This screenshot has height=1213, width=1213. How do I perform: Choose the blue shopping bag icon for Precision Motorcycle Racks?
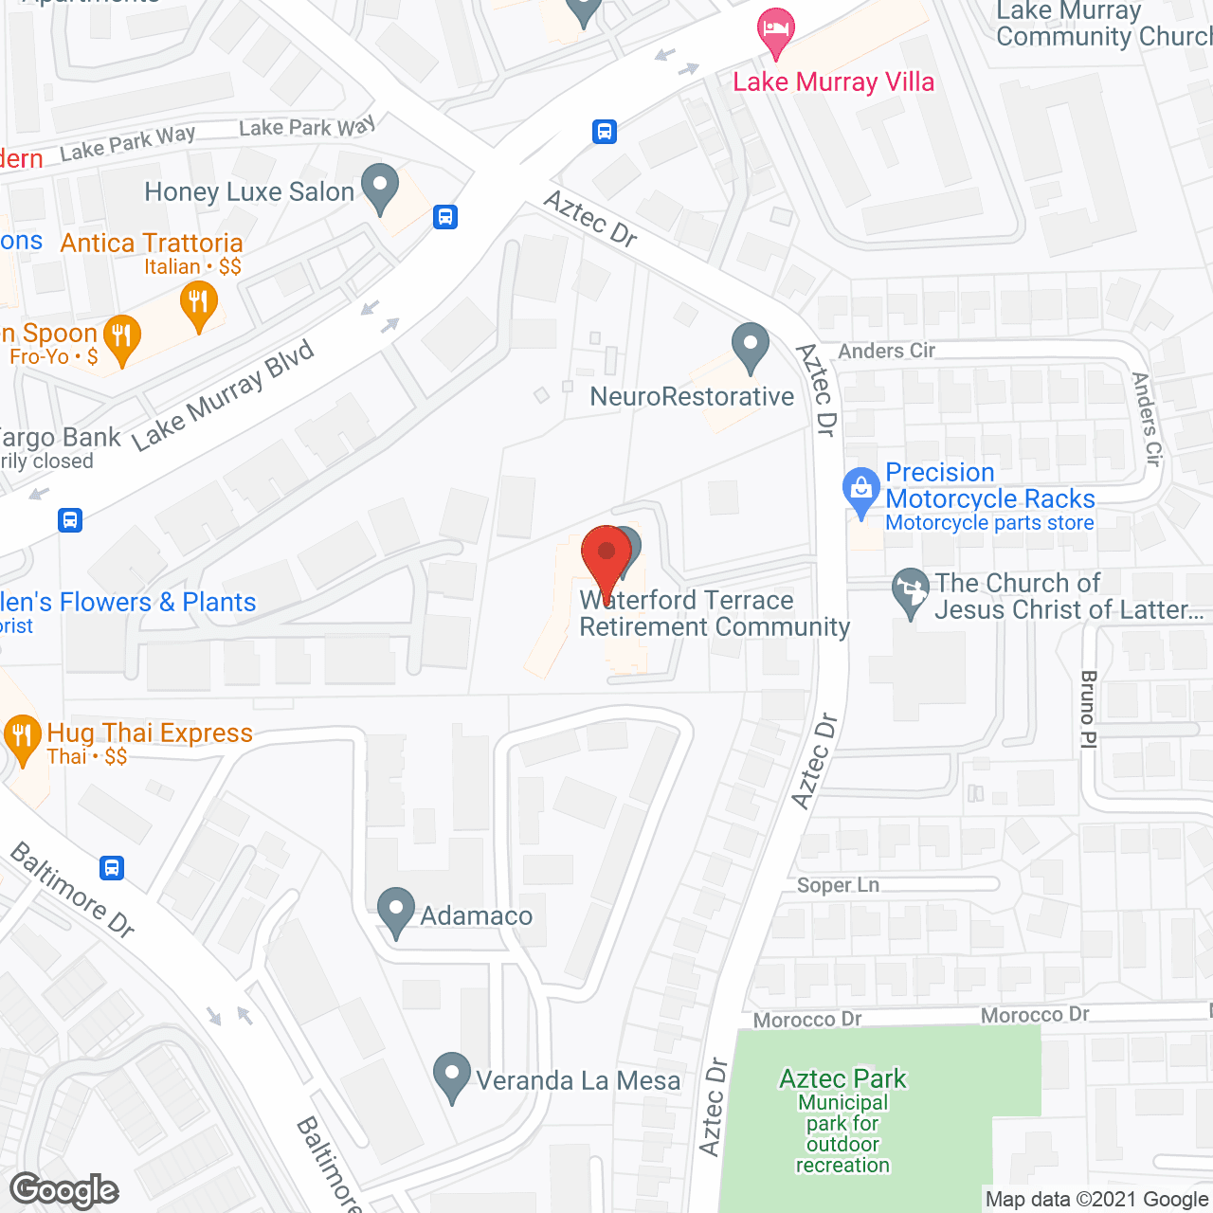click(860, 491)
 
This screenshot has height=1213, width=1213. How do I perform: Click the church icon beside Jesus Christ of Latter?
click(911, 591)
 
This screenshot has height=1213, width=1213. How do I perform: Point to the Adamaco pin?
click(396, 912)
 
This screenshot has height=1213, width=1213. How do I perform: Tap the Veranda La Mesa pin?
click(451, 1076)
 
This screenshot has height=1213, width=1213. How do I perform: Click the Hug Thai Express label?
click(150, 733)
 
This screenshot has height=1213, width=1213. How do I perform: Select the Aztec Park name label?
click(842, 1079)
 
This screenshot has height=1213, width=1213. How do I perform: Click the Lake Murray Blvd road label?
click(224, 396)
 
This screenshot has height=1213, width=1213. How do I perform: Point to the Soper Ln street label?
click(838, 885)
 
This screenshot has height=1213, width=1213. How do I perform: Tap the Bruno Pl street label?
click(1088, 710)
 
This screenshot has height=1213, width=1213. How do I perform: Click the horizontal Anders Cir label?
click(886, 351)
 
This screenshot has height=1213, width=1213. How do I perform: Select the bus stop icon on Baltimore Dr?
click(112, 867)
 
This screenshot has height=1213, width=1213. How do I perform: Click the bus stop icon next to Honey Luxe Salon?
click(445, 217)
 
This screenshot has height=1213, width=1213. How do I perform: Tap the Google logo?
click(64, 1190)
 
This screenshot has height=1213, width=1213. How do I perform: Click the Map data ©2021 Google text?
click(1097, 1200)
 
